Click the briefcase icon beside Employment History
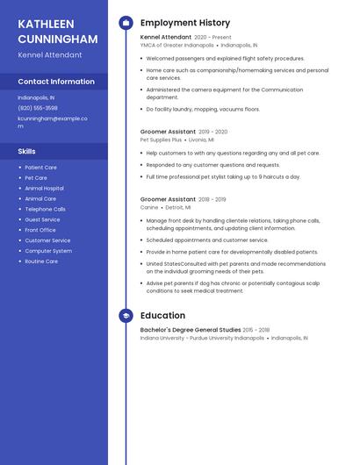(126, 23)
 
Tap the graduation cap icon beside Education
(126, 316)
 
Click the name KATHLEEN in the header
(46, 25)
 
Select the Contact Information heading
(56, 82)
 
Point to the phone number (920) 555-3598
(38, 108)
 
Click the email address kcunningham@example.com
(52, 121)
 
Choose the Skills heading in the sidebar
(26, 151)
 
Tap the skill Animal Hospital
(44, 188)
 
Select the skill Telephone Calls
(45, 209)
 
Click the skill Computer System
(48, 251)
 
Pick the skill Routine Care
(41, 261)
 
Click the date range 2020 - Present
(212, 38)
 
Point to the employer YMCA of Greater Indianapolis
(176, 45)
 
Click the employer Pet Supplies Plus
(161, 139)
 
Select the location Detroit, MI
(181, 207)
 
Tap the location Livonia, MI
(201, 139)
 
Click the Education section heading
(162, 316)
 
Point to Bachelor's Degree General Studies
(191, 330)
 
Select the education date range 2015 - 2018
(256, 330)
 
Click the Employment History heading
(185, 23)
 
